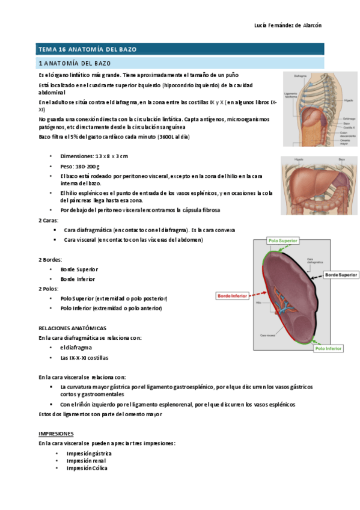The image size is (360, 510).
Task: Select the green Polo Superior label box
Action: [284, 240]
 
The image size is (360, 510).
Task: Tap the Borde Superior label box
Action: [341, 275]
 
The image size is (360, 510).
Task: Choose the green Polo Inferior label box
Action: [329, 348]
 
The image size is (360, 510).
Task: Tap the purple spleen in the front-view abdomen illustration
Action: [343, 174]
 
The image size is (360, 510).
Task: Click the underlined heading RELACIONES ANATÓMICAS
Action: [73, 328]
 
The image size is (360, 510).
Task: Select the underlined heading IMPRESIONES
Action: [56, 433]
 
